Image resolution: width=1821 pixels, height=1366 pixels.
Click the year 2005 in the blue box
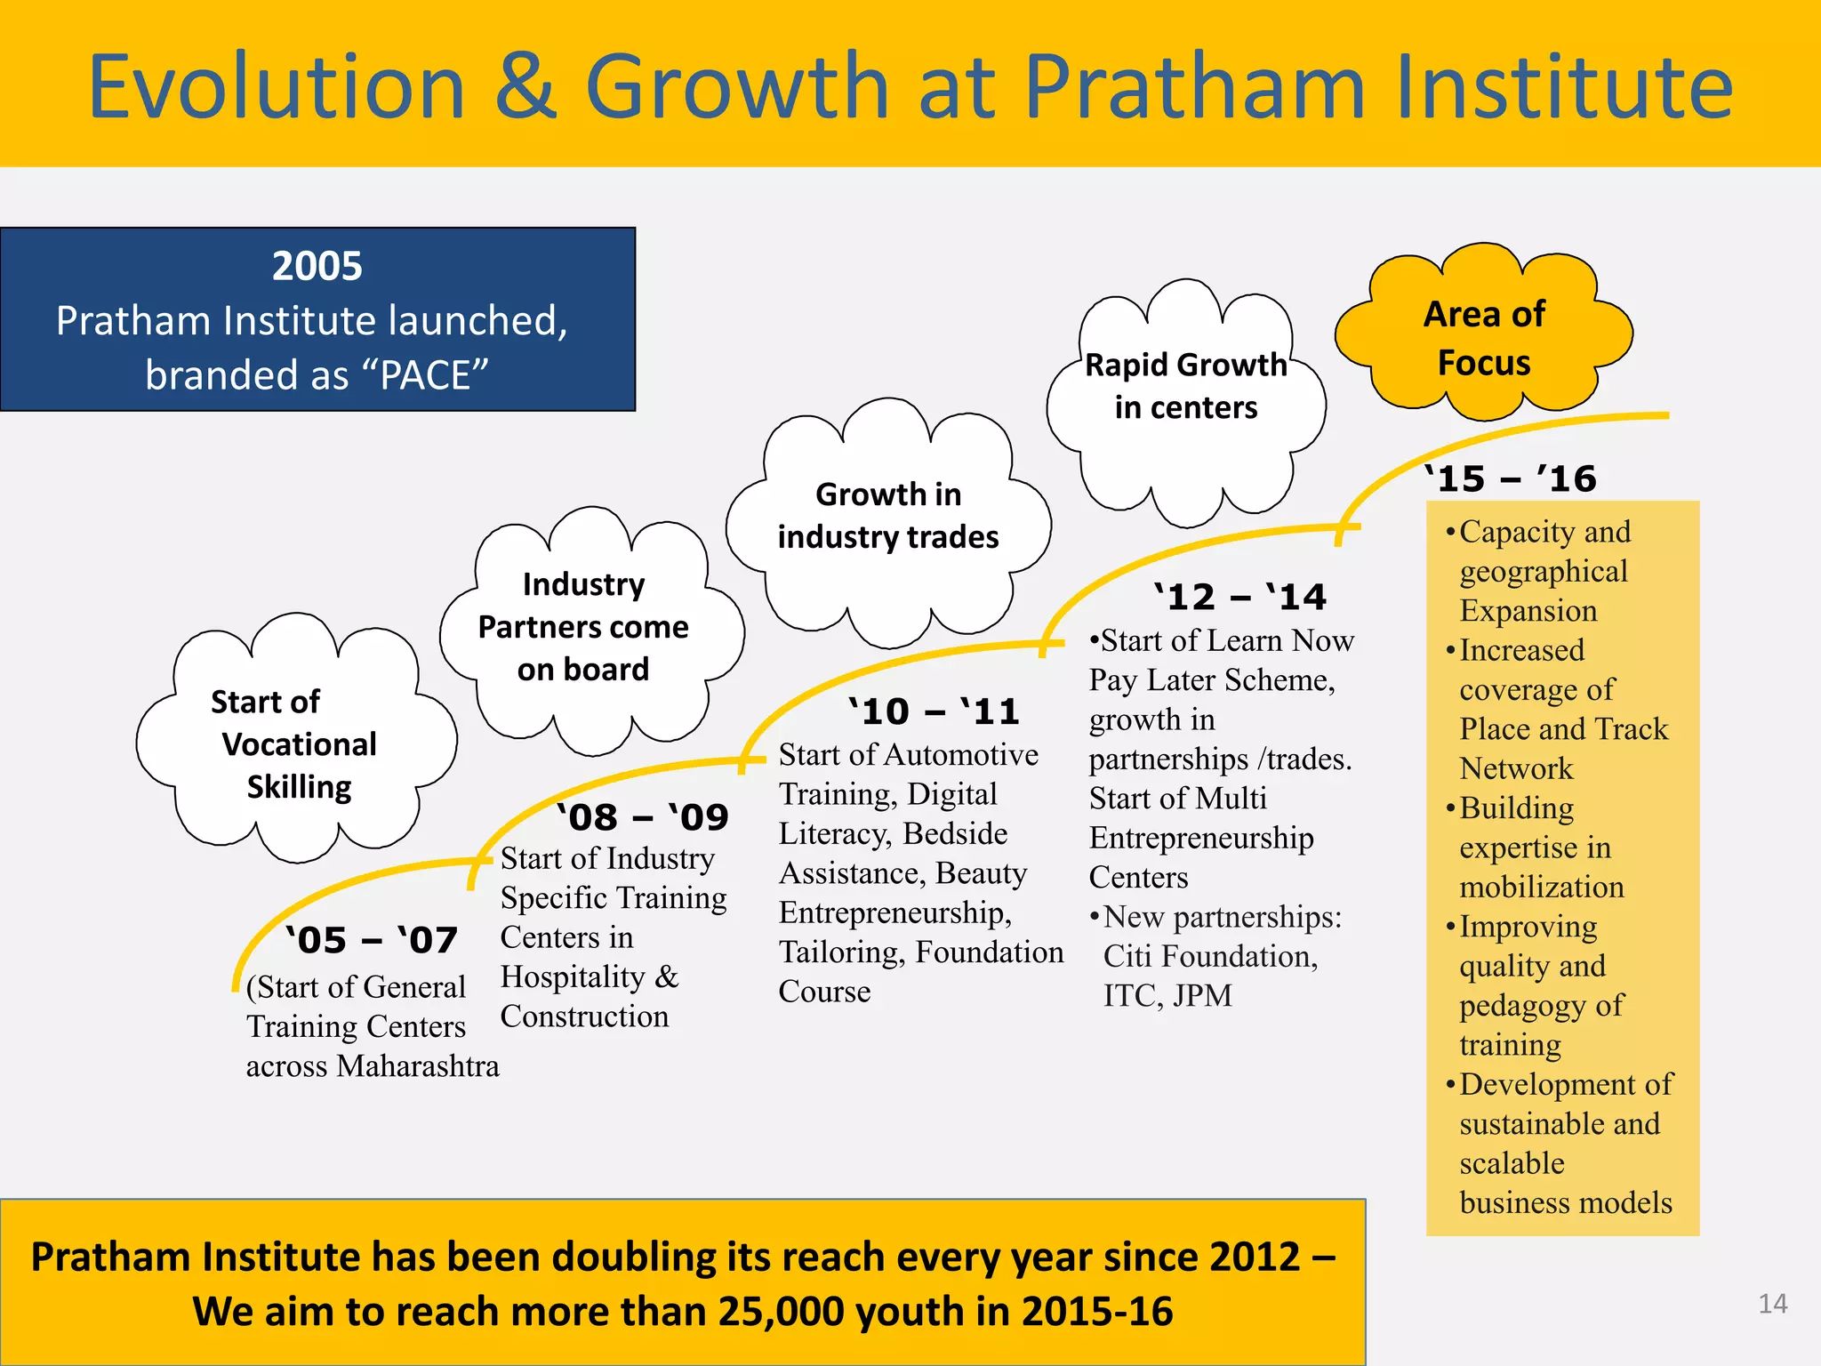(317, 266)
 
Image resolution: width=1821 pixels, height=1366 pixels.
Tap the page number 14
(1772, 1304)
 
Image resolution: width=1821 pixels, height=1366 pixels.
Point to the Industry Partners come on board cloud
(583, 627)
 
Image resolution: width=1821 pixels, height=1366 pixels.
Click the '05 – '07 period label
(372, 941)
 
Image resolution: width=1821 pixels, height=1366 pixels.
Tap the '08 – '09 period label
(643, 817)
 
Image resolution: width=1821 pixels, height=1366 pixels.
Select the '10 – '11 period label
(934, 711)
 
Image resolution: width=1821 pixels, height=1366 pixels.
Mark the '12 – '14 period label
(1240, 597)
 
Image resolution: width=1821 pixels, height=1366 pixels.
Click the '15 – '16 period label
(1511, 478)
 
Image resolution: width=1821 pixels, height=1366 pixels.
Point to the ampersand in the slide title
(525, 86)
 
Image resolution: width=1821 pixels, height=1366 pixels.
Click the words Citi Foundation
(1210, 956)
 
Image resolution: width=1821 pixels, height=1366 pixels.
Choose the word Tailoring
(842, 952)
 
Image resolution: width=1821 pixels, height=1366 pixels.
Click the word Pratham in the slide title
(1194, 86)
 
